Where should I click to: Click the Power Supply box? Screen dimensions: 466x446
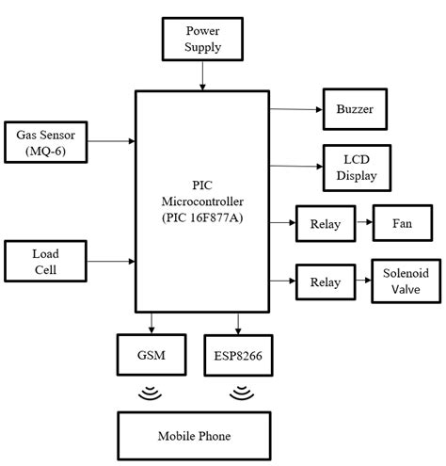click(202, 40)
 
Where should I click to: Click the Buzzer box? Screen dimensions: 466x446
click(354, 109)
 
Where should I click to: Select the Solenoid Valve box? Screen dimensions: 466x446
click(406, 281)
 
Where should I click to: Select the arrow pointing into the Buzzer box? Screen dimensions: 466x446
click(295, 109)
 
